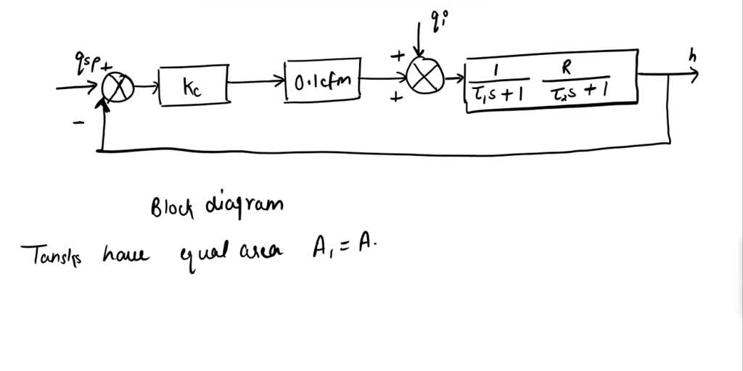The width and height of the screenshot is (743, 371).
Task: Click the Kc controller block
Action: (x=192, y=87)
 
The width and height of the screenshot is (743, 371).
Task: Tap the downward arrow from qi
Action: (x=419, y=41)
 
